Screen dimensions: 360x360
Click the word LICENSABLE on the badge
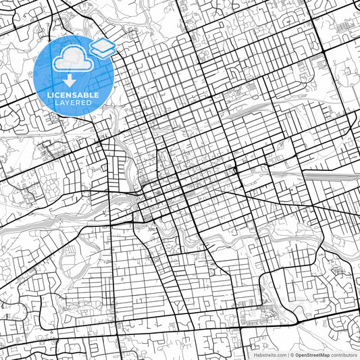point(73,95)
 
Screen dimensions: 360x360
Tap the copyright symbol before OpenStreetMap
point(292,355)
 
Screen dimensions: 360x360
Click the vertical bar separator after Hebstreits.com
point(288,355)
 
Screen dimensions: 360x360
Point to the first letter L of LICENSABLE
point(49,95)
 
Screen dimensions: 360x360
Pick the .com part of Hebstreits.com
point(281,355)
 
